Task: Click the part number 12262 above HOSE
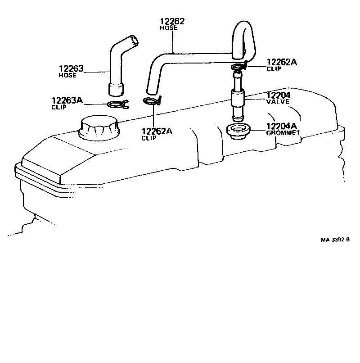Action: tap(172, 21)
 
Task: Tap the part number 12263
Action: tap(71, 69)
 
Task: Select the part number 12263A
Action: tap(67, 100)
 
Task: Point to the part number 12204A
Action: tap(282, 127)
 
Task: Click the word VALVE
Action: tap(278, 102)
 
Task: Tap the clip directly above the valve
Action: tap(239, 67)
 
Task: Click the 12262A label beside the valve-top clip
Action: tap(282, 63)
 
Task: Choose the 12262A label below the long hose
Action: tap(157, 132)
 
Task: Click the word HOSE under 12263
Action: tap(67, 75)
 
